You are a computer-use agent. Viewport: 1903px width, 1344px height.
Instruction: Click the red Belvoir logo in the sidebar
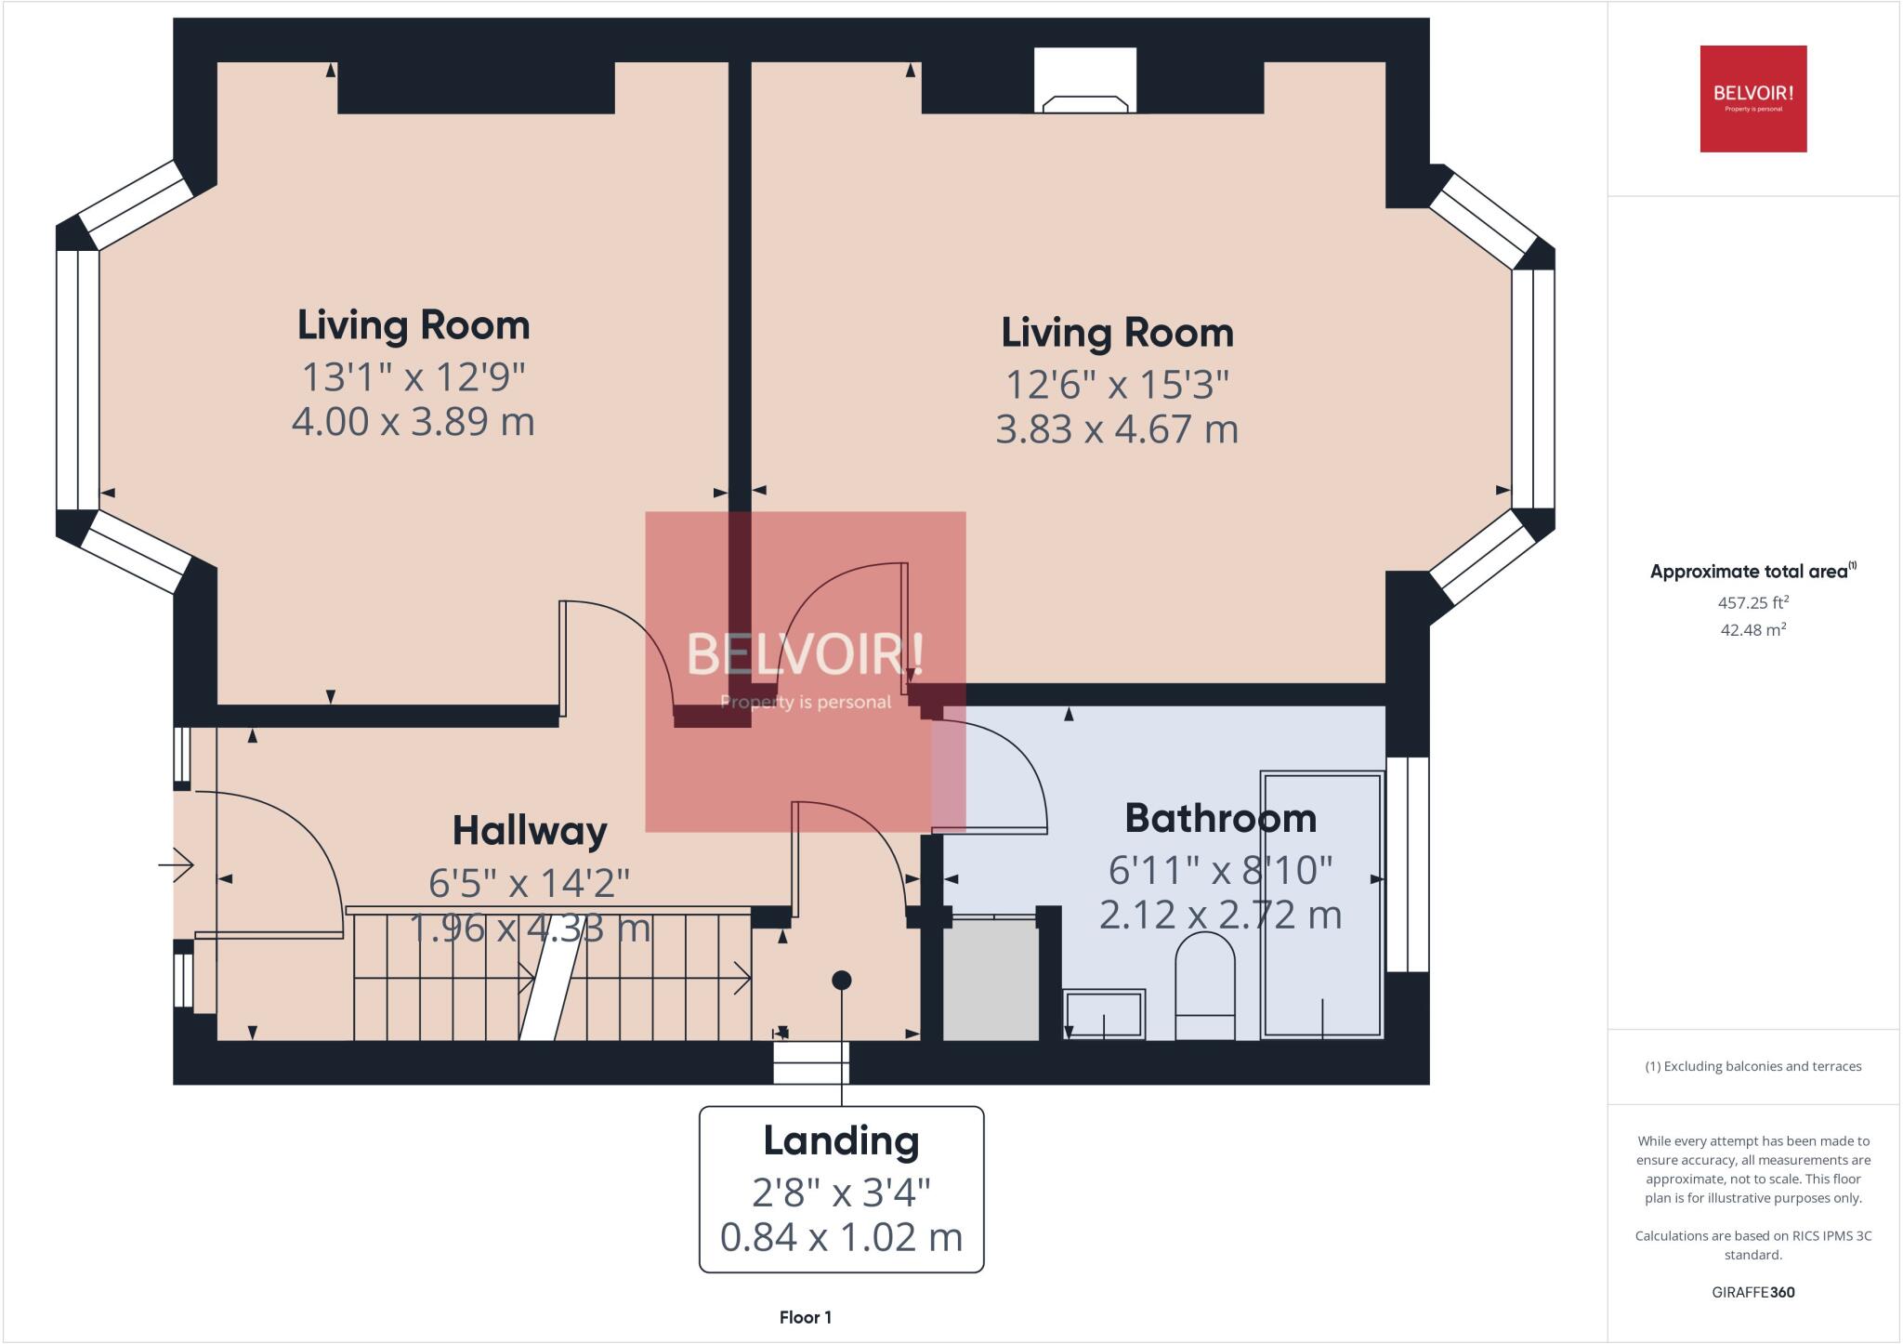(1752, 99)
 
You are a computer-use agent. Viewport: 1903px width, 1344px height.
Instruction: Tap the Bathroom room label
(1220, 819)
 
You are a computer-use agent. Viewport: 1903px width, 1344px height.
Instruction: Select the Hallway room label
(530, 831)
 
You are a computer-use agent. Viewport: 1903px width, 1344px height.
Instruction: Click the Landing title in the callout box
(841, 1141)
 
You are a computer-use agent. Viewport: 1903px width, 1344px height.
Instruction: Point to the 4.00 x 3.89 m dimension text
(413, 422)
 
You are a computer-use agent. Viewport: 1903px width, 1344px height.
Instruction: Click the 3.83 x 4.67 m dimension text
(1117, 429)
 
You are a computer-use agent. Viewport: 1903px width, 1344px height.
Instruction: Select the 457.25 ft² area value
(1752, 602)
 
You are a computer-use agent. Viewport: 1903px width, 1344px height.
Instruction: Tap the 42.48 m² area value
(1752, 630)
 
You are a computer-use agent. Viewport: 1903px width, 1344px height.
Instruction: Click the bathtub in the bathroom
(1322, 904)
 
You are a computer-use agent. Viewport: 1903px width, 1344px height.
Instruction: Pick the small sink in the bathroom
(1104, 1013)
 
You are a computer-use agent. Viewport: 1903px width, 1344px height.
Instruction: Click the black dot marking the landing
(842, 980)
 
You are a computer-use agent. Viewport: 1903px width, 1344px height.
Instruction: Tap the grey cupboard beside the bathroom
(991, 980)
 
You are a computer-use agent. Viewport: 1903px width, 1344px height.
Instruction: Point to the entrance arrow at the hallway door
(176, 865)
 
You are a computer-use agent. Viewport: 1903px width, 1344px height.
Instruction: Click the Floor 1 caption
(805, 1317)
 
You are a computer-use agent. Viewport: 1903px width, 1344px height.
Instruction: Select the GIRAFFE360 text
(1752, 1292)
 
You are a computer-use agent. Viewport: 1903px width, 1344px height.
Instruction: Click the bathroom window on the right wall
(1408, 864)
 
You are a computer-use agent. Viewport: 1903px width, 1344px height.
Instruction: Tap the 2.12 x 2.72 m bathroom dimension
(1220, 916)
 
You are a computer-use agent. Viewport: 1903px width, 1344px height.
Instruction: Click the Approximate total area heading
(1749, 572)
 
